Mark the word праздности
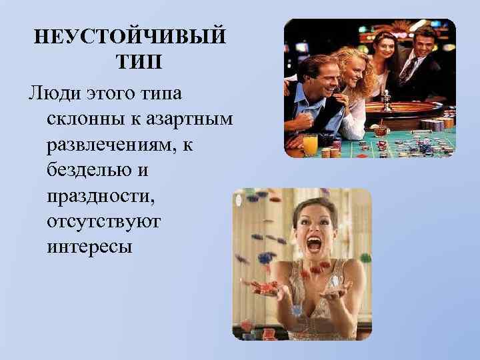pos(101,197)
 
